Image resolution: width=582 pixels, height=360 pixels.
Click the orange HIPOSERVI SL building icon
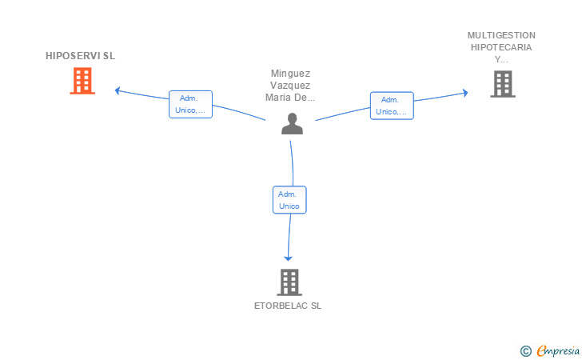click(x=82, y=81)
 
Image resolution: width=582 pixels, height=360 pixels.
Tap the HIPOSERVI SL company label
click(x=80, y=56)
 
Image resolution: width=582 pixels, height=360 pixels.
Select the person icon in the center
click(x=292, y=123)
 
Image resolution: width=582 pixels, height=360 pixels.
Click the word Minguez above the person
click(x=290, y=74)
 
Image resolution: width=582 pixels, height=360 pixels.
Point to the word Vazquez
click(x=290, y=86)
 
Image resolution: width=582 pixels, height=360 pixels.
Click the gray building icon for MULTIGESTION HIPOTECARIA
click(x=503, y=84)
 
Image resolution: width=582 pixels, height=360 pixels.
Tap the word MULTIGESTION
click(x=501, y=35)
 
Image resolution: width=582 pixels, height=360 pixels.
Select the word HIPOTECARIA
click(x=501, y=47)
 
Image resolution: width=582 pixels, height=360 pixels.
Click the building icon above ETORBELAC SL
click(x=289, y=282)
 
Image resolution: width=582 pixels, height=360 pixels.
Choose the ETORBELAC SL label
click(x=288, y=306)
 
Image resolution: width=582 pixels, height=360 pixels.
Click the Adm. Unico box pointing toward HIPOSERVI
click(x=190, y=104)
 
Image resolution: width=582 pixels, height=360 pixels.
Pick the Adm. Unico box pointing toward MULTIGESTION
click(x=392, y=106)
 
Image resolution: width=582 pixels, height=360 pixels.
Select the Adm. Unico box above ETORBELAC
click(x=289, y=200)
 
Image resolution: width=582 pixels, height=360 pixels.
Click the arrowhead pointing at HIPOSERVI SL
click(x=118, y=90)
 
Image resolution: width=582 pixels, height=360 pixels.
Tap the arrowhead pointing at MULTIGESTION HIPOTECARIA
click(x=465, y=93)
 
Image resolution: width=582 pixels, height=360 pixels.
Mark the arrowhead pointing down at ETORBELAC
click(x=288, y=258)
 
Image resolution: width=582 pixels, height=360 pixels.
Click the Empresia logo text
click(x=558, y=350)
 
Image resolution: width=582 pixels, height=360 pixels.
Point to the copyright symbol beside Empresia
click(x=526, y=351)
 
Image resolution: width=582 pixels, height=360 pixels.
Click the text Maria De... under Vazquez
click(x=290, y=98)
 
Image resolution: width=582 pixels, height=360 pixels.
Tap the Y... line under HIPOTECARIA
click(x=501, y=59)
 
